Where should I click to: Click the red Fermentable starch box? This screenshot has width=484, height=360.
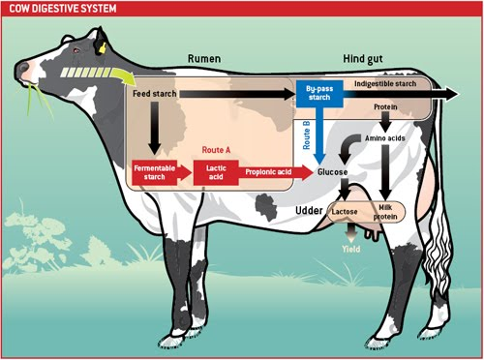coord(154,171)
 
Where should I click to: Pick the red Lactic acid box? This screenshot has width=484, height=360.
coord(214,171)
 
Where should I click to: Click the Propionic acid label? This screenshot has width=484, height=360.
coord(267,171)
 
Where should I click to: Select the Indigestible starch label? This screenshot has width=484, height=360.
coord(385,83)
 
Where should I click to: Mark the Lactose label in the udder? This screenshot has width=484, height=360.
coord(346,210)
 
